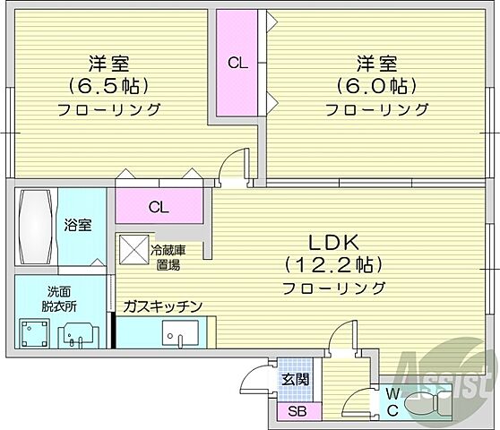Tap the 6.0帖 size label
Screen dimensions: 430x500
point(375,87)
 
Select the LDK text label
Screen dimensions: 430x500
point(333,242)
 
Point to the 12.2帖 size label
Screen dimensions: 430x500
point(334,265)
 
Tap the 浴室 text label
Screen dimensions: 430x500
point(77,226)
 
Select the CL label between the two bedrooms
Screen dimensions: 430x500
point(237,63)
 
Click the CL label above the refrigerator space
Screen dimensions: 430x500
point(158,208)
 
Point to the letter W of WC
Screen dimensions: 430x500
point(392,394)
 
